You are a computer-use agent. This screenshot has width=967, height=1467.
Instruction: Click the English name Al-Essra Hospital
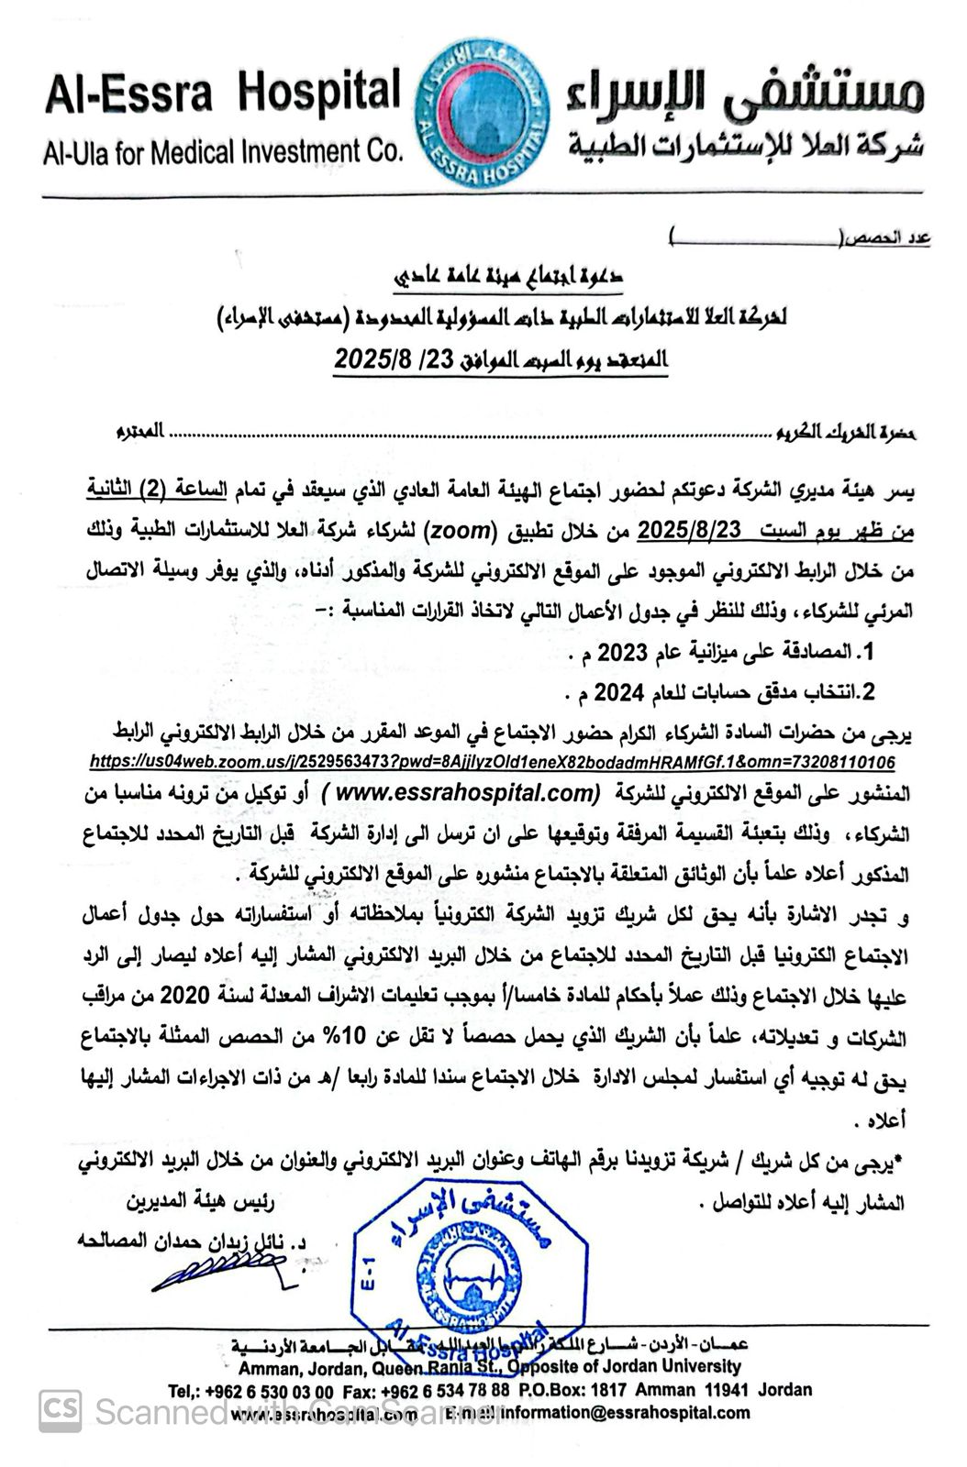(x=223, y=94)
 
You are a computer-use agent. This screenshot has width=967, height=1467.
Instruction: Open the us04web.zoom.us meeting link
(x=493, y=762)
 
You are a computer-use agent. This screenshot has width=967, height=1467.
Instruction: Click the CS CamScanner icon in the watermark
(x=61, y=1410)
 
